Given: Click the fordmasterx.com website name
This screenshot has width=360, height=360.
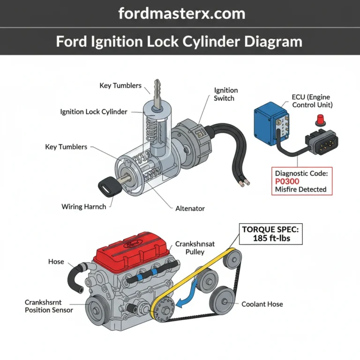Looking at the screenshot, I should coord(181,13).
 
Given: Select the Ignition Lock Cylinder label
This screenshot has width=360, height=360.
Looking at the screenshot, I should coord(100,112).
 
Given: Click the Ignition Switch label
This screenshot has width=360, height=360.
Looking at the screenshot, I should coord(226,94).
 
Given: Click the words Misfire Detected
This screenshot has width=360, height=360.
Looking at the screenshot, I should coord(300,190).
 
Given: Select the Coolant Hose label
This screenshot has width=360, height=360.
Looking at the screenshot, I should coord(262,304).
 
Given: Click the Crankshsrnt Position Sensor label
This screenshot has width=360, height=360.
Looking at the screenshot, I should coord(49,306).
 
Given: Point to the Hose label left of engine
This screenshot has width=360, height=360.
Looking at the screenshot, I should coord(56,261).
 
